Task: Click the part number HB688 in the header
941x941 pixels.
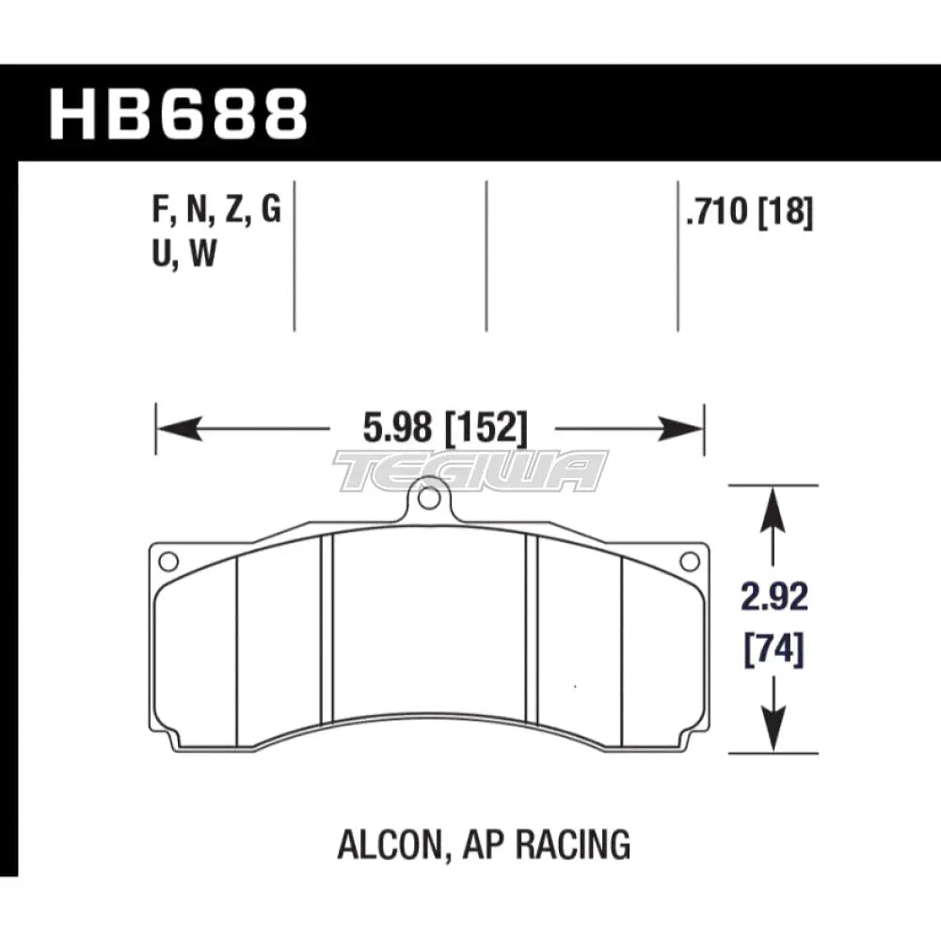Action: (179, 114)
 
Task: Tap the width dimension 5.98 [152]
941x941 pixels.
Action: (430, 431)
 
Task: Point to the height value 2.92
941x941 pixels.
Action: (774, 598)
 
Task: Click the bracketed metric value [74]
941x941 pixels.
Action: (774, 649)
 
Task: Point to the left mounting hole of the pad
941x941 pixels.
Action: (167, 562)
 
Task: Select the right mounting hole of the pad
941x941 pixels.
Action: (690, 562)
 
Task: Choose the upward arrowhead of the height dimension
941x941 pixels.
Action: (774, 503)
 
